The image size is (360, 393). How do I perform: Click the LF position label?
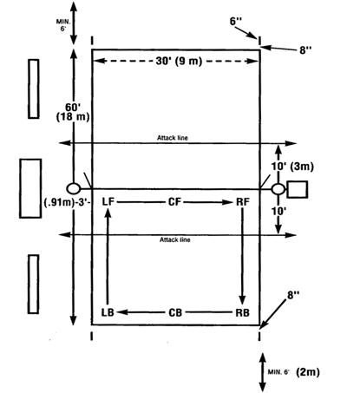[108, 201]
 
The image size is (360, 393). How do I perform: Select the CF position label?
[174, 201]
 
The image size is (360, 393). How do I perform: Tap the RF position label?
[243, 201]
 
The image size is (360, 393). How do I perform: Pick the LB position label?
[108, 312]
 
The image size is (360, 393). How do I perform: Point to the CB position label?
[175, 312]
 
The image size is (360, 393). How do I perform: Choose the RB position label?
[242, 312]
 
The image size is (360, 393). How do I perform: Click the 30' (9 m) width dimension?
[179, 61]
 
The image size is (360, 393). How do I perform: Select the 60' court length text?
[72, 108]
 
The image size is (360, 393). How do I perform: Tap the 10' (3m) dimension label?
[292, 167]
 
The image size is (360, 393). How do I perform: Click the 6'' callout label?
[236, 21]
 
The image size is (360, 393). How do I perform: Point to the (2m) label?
[308, 372]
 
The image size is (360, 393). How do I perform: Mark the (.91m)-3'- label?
[68, 202]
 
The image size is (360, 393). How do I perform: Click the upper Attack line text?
[173, 138]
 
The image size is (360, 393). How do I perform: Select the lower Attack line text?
[175, 239]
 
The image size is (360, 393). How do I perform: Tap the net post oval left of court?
[74, 188]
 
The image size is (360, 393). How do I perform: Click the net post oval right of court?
[278, 189]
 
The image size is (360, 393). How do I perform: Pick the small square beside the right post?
[297, 189]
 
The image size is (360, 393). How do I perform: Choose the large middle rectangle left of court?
[30, 188]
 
